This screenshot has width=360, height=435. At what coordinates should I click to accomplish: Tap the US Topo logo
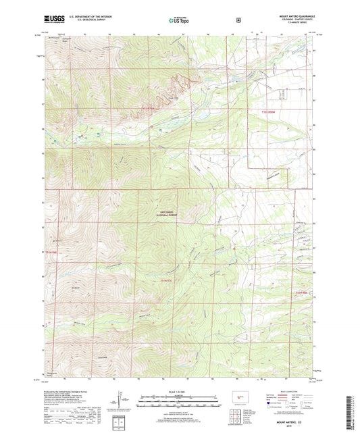click(179, 20)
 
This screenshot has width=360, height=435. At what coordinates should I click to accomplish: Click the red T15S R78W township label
click(269, 109)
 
